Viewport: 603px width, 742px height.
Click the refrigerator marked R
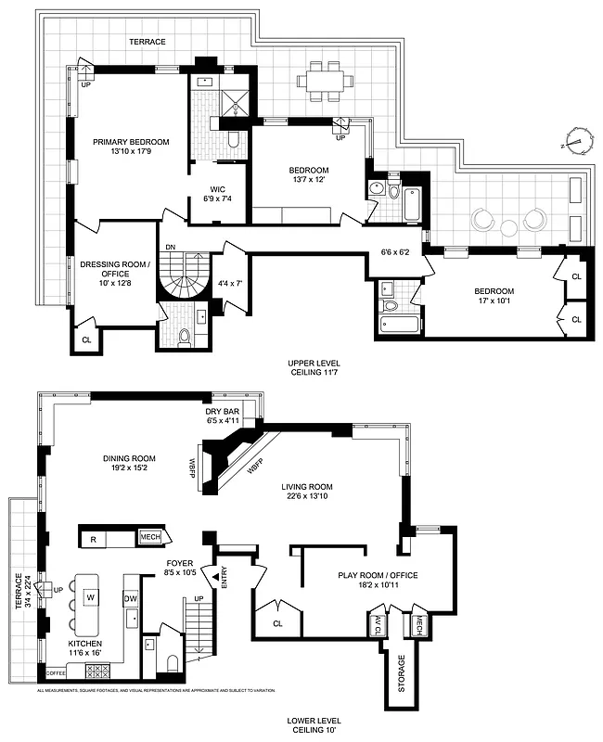(95, 538)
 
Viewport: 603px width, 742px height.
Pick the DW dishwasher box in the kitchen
(132, 598)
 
